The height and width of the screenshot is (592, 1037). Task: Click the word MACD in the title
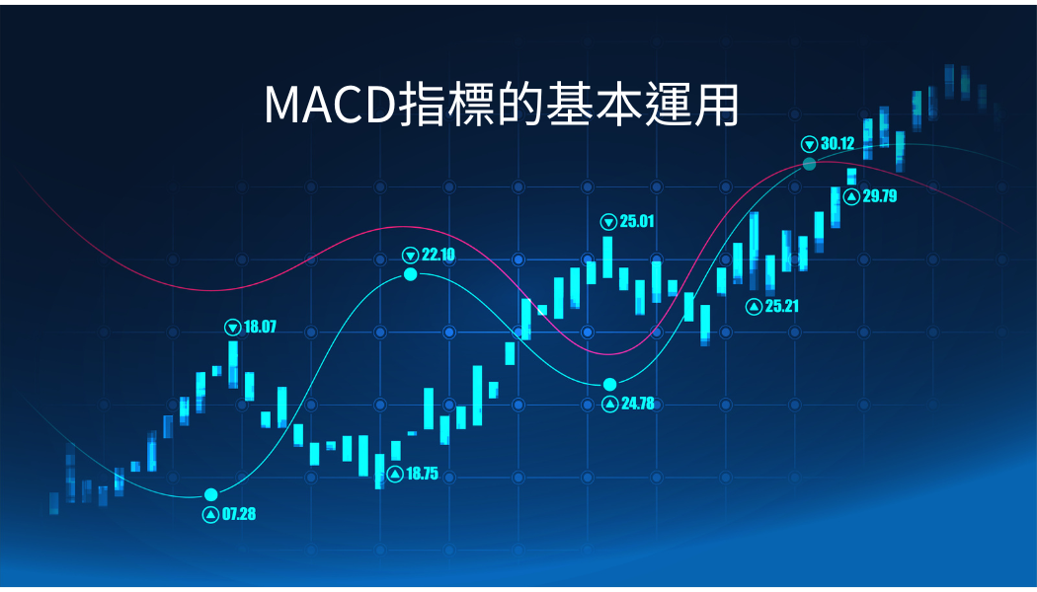(x=330, y=105)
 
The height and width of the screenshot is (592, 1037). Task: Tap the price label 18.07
(x=260, y=327)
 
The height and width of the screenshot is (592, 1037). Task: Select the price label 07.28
(x=239, y=514)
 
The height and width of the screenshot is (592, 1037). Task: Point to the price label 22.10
(x=439, y=255)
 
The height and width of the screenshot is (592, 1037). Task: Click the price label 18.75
(x=422, y=474)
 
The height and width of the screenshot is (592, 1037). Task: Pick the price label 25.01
(x=637, y=221)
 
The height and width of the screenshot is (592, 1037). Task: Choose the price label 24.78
(x=638, y=403)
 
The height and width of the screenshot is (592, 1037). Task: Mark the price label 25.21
(x=782, y=306)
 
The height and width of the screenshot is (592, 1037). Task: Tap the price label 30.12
(x=838, y=143)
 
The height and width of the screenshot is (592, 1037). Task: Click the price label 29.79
(x=880, y=196)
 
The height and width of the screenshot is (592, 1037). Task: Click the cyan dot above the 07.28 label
(x=211, y=495)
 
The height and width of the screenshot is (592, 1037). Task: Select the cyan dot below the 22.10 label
(x=411, y=274)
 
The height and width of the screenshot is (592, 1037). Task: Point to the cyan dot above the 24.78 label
(x=609, y=385)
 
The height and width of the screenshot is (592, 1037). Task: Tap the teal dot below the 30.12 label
(x=810, y=164)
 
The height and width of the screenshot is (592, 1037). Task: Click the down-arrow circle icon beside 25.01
(x=608, y=222)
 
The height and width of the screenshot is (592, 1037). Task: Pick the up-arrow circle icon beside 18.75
(x=395, y=474)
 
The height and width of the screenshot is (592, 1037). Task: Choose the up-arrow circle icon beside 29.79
(x=851, y=196)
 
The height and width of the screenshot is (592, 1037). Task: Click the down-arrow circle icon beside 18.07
(x=233, y=327)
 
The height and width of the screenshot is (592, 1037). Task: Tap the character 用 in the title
(x=717, y=105)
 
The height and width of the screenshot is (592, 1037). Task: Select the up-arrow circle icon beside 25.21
(x=754, y=307)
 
